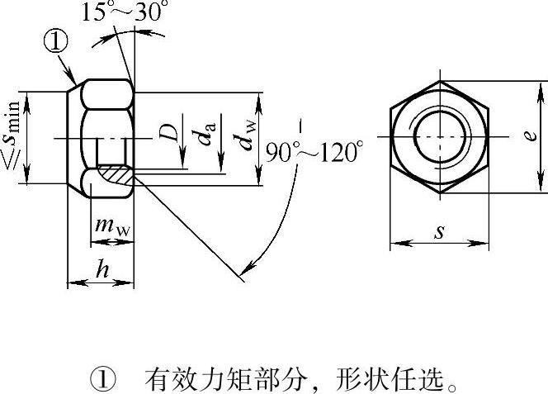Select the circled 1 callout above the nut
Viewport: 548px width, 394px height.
56,41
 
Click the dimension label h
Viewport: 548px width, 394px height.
102,268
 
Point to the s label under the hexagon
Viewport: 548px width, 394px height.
440,232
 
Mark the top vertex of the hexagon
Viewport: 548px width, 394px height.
440,82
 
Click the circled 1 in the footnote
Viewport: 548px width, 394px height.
103,379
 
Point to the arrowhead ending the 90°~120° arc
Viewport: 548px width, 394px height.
247,269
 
